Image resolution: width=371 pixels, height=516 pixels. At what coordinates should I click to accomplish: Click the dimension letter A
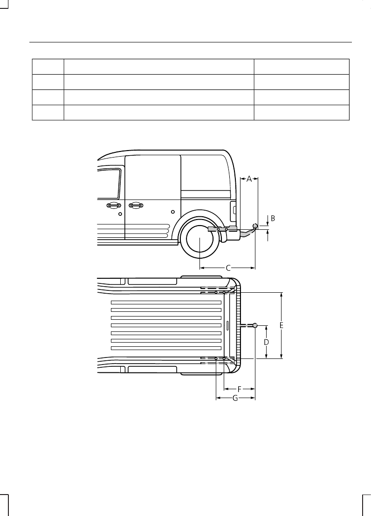pos(249,179)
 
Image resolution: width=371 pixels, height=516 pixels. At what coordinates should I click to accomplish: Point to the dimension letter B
pos(273,218)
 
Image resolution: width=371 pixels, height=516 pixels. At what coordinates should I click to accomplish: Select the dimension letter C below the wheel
pos(228,268)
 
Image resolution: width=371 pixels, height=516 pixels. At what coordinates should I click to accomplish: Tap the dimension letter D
pos(267,342)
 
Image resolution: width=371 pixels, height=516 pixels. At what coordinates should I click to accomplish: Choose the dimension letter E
pos(282,326)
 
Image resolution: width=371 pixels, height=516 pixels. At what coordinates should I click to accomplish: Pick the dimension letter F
pos(239,388)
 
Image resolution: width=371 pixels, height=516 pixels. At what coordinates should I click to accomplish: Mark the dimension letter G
pos(235,398)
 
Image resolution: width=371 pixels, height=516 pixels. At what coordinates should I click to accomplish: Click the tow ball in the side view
pos(255,226)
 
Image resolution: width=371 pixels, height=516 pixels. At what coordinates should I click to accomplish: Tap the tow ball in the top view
pos(255,325)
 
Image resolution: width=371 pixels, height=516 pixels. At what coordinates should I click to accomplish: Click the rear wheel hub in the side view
pos(199,238)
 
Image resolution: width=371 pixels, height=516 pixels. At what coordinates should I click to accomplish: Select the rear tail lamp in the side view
pos(233,212)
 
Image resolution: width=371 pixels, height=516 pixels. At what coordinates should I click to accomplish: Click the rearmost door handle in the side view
pos(136,205)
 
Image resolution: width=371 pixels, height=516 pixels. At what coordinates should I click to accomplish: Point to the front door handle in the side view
pos(112,205)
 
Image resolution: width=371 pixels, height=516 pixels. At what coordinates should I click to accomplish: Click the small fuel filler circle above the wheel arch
pos(173,212)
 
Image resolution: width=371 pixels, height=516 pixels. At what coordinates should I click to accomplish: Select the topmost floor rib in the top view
pos(166,303)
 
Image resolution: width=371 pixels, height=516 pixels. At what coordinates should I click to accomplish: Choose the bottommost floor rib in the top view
pos(166,348)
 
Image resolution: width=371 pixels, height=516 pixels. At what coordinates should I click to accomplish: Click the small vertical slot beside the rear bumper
pos(227,325)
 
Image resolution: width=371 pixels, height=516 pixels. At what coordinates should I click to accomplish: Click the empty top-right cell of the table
pos(302,66)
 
